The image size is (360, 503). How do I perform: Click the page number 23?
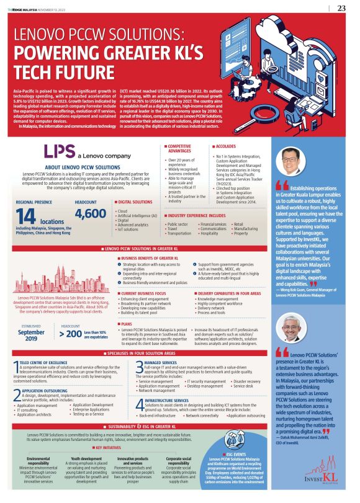(341, 8)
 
